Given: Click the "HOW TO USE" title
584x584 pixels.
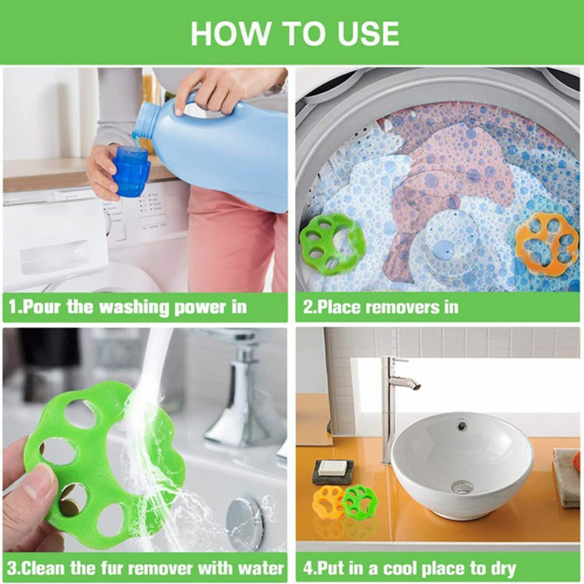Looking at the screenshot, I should [294, 34].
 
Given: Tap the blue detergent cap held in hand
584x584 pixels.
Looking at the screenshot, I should [130, 172].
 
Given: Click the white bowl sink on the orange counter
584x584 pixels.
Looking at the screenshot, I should [461, 461].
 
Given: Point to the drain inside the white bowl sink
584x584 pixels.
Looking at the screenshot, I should [463, 486].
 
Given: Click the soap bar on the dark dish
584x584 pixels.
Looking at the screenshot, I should [333, 467].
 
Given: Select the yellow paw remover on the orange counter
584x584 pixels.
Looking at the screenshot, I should [328, 500].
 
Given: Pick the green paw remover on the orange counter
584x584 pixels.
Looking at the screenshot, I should [360, 500].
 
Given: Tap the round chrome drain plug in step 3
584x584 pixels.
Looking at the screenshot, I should [245, 524].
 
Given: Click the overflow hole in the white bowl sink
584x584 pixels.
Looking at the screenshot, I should [462, 426].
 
